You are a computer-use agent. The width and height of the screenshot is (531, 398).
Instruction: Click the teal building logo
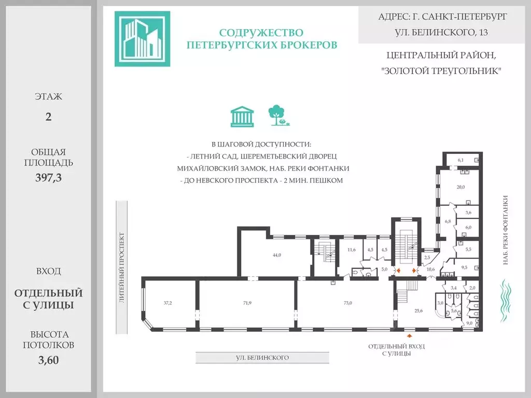[x=142, y=39]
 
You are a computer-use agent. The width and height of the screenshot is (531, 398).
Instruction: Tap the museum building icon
[x=242, y=117]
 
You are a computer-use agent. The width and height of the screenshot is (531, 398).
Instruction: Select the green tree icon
[x=278, y=116]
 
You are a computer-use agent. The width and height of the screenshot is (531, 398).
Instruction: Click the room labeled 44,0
[x=277, y=255]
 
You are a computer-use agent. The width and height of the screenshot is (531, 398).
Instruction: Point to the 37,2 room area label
[x=167, y=303]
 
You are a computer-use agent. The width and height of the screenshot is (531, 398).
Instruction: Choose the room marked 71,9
[x=247, y=303]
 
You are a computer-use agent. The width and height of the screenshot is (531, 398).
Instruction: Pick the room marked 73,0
[x=348, y=303]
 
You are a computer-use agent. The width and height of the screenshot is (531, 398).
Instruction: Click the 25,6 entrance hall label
[x=418, y=310]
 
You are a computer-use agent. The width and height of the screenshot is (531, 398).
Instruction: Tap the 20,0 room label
[x=460, y=187]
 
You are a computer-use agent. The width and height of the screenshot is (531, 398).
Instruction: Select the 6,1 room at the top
[x=460, y=160]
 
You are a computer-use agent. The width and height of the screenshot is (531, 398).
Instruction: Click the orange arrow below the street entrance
[x=410, y=336]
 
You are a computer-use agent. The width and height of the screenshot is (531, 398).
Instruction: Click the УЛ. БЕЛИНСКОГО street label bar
[x=262, y=358]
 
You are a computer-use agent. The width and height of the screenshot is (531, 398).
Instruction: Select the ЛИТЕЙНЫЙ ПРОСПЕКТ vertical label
[x=122, y=267]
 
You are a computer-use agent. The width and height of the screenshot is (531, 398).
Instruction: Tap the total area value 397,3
[x=48, y=178]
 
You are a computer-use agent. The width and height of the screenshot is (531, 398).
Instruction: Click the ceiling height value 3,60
[x=48, y=360]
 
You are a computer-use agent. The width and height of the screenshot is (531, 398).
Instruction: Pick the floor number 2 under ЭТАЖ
[x=48, y=117]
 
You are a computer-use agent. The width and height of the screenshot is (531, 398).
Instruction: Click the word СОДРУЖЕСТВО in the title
[x=261, y=33]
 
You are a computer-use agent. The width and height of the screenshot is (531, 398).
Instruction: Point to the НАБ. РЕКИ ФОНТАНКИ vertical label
[x=506, y=230]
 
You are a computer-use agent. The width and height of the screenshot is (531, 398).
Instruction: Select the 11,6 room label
[x=352, y=250]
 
